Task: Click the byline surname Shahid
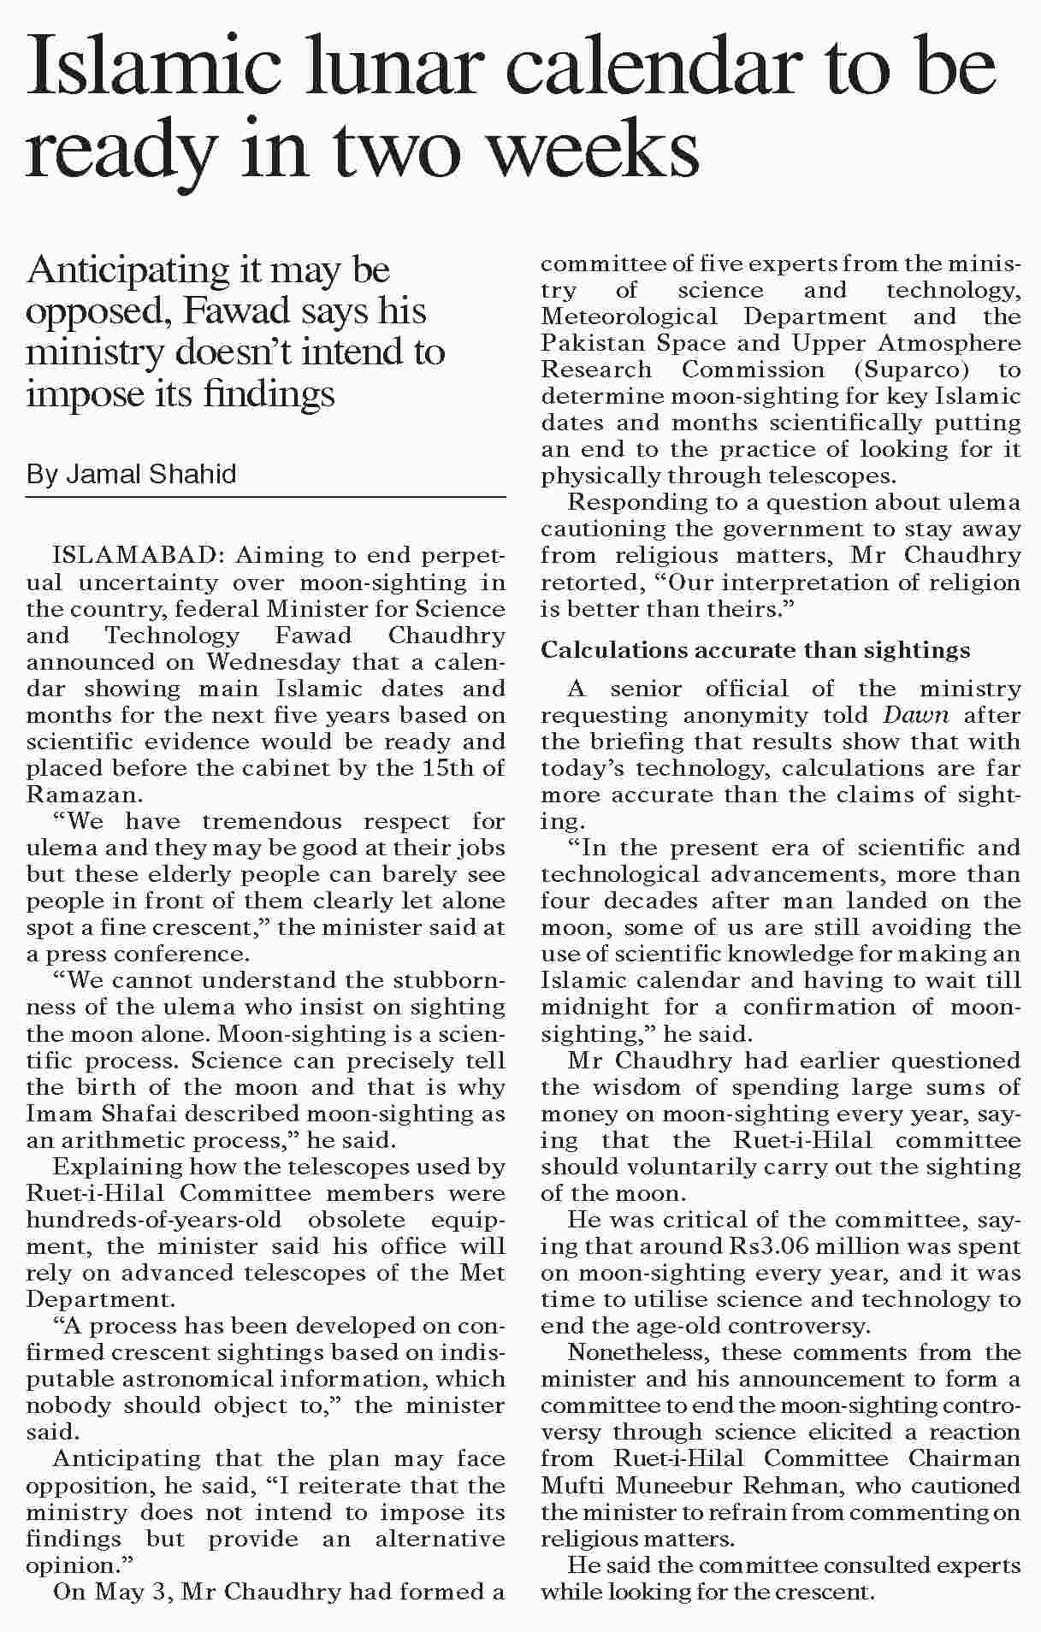tap(193, 474)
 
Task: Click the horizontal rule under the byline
tap(265, 497)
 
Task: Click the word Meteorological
tap(629, 316)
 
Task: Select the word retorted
tap(584, 582)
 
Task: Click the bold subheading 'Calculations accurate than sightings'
tap(755, 651)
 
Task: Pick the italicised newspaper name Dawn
tap(915, 715)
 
